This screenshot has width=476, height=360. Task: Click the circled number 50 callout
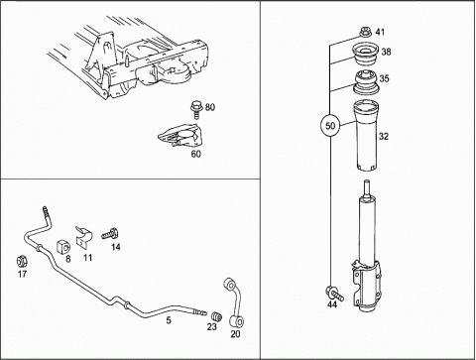[x=330, y=126]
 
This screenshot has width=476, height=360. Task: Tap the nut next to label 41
[x=366, y=33]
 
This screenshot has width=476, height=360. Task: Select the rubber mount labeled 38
[x=365, y=55]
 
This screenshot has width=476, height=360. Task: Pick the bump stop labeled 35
[x=367, y=82]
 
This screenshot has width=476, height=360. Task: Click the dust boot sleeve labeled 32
[x=366, y=136]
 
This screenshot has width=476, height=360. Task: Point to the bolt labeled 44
[x=334, y=294]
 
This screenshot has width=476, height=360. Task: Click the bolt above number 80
[x=195, y=110]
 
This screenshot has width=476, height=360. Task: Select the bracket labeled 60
[x=180, y=136]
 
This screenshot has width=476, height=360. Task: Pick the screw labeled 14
[x=110, y=233]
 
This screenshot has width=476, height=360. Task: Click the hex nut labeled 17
[x=22, y=262]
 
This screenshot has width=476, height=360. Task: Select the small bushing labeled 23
[x=216, y=316]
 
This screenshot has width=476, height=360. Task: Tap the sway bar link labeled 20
[x=233, y=302]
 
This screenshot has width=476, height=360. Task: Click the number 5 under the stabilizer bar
[x=169, y=320]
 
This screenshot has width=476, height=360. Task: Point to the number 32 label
[x=384, y=136]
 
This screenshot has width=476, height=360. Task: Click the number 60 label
[x=196, y=154]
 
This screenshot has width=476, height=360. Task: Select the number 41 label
[x=380, y=32]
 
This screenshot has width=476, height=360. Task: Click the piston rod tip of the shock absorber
[x=366, y=181]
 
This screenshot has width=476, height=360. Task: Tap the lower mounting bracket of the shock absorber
[x=367, y=286]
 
